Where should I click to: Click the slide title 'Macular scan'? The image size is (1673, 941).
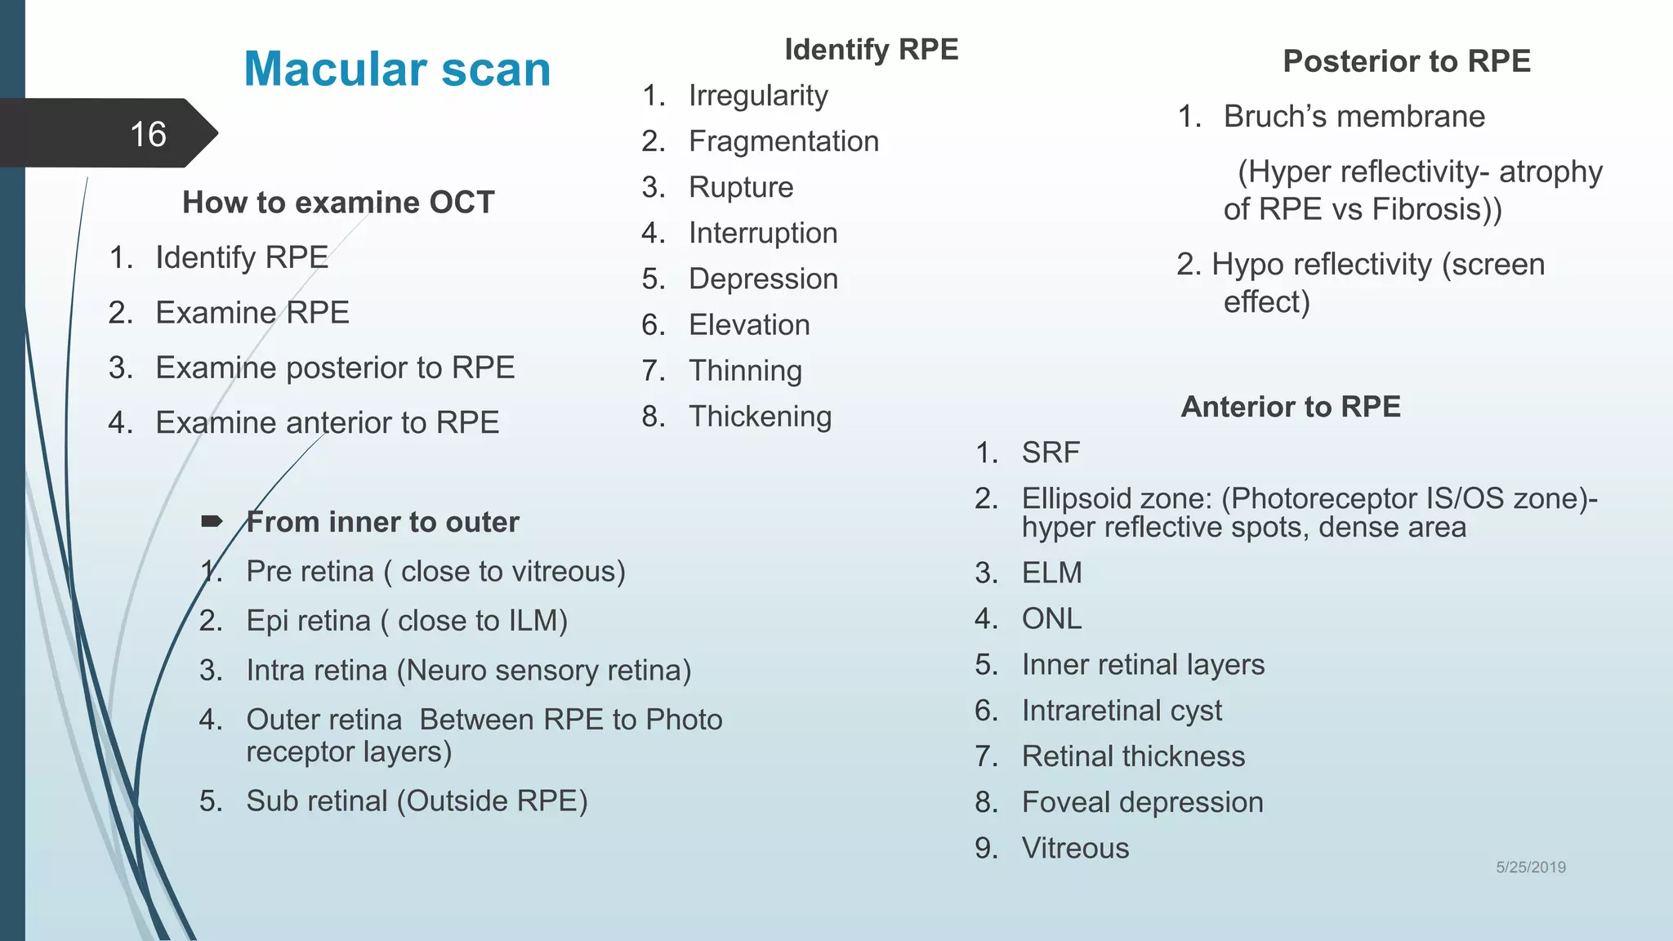pos(397,69)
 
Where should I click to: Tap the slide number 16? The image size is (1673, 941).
pos(148,135)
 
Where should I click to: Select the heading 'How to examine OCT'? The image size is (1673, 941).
pos(338,203)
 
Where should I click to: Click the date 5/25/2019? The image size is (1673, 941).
pos(1530,867)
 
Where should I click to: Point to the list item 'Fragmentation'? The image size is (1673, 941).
pos(783,141)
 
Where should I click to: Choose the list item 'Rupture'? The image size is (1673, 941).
pos(741,187)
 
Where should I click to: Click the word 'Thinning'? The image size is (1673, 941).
pos(745,371)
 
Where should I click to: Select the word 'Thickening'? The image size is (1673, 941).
pos(760,417)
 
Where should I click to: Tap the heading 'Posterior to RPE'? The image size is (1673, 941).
pos(1406,61)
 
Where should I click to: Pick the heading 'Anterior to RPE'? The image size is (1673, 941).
pos(1290,407)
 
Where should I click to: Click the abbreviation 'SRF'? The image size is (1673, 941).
pos(1051,453)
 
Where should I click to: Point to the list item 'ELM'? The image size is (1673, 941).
pos(1051,573)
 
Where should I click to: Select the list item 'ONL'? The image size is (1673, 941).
pos(1051,618)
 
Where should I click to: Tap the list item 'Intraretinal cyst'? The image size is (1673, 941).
pos(1122,711)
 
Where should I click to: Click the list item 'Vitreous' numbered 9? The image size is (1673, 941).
pos(1075,848)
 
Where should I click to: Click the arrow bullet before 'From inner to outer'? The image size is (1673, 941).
pos(212,521)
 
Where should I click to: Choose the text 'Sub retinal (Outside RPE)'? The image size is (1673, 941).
pos(417,801)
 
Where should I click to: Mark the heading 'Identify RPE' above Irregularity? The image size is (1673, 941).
pos(871,50)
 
